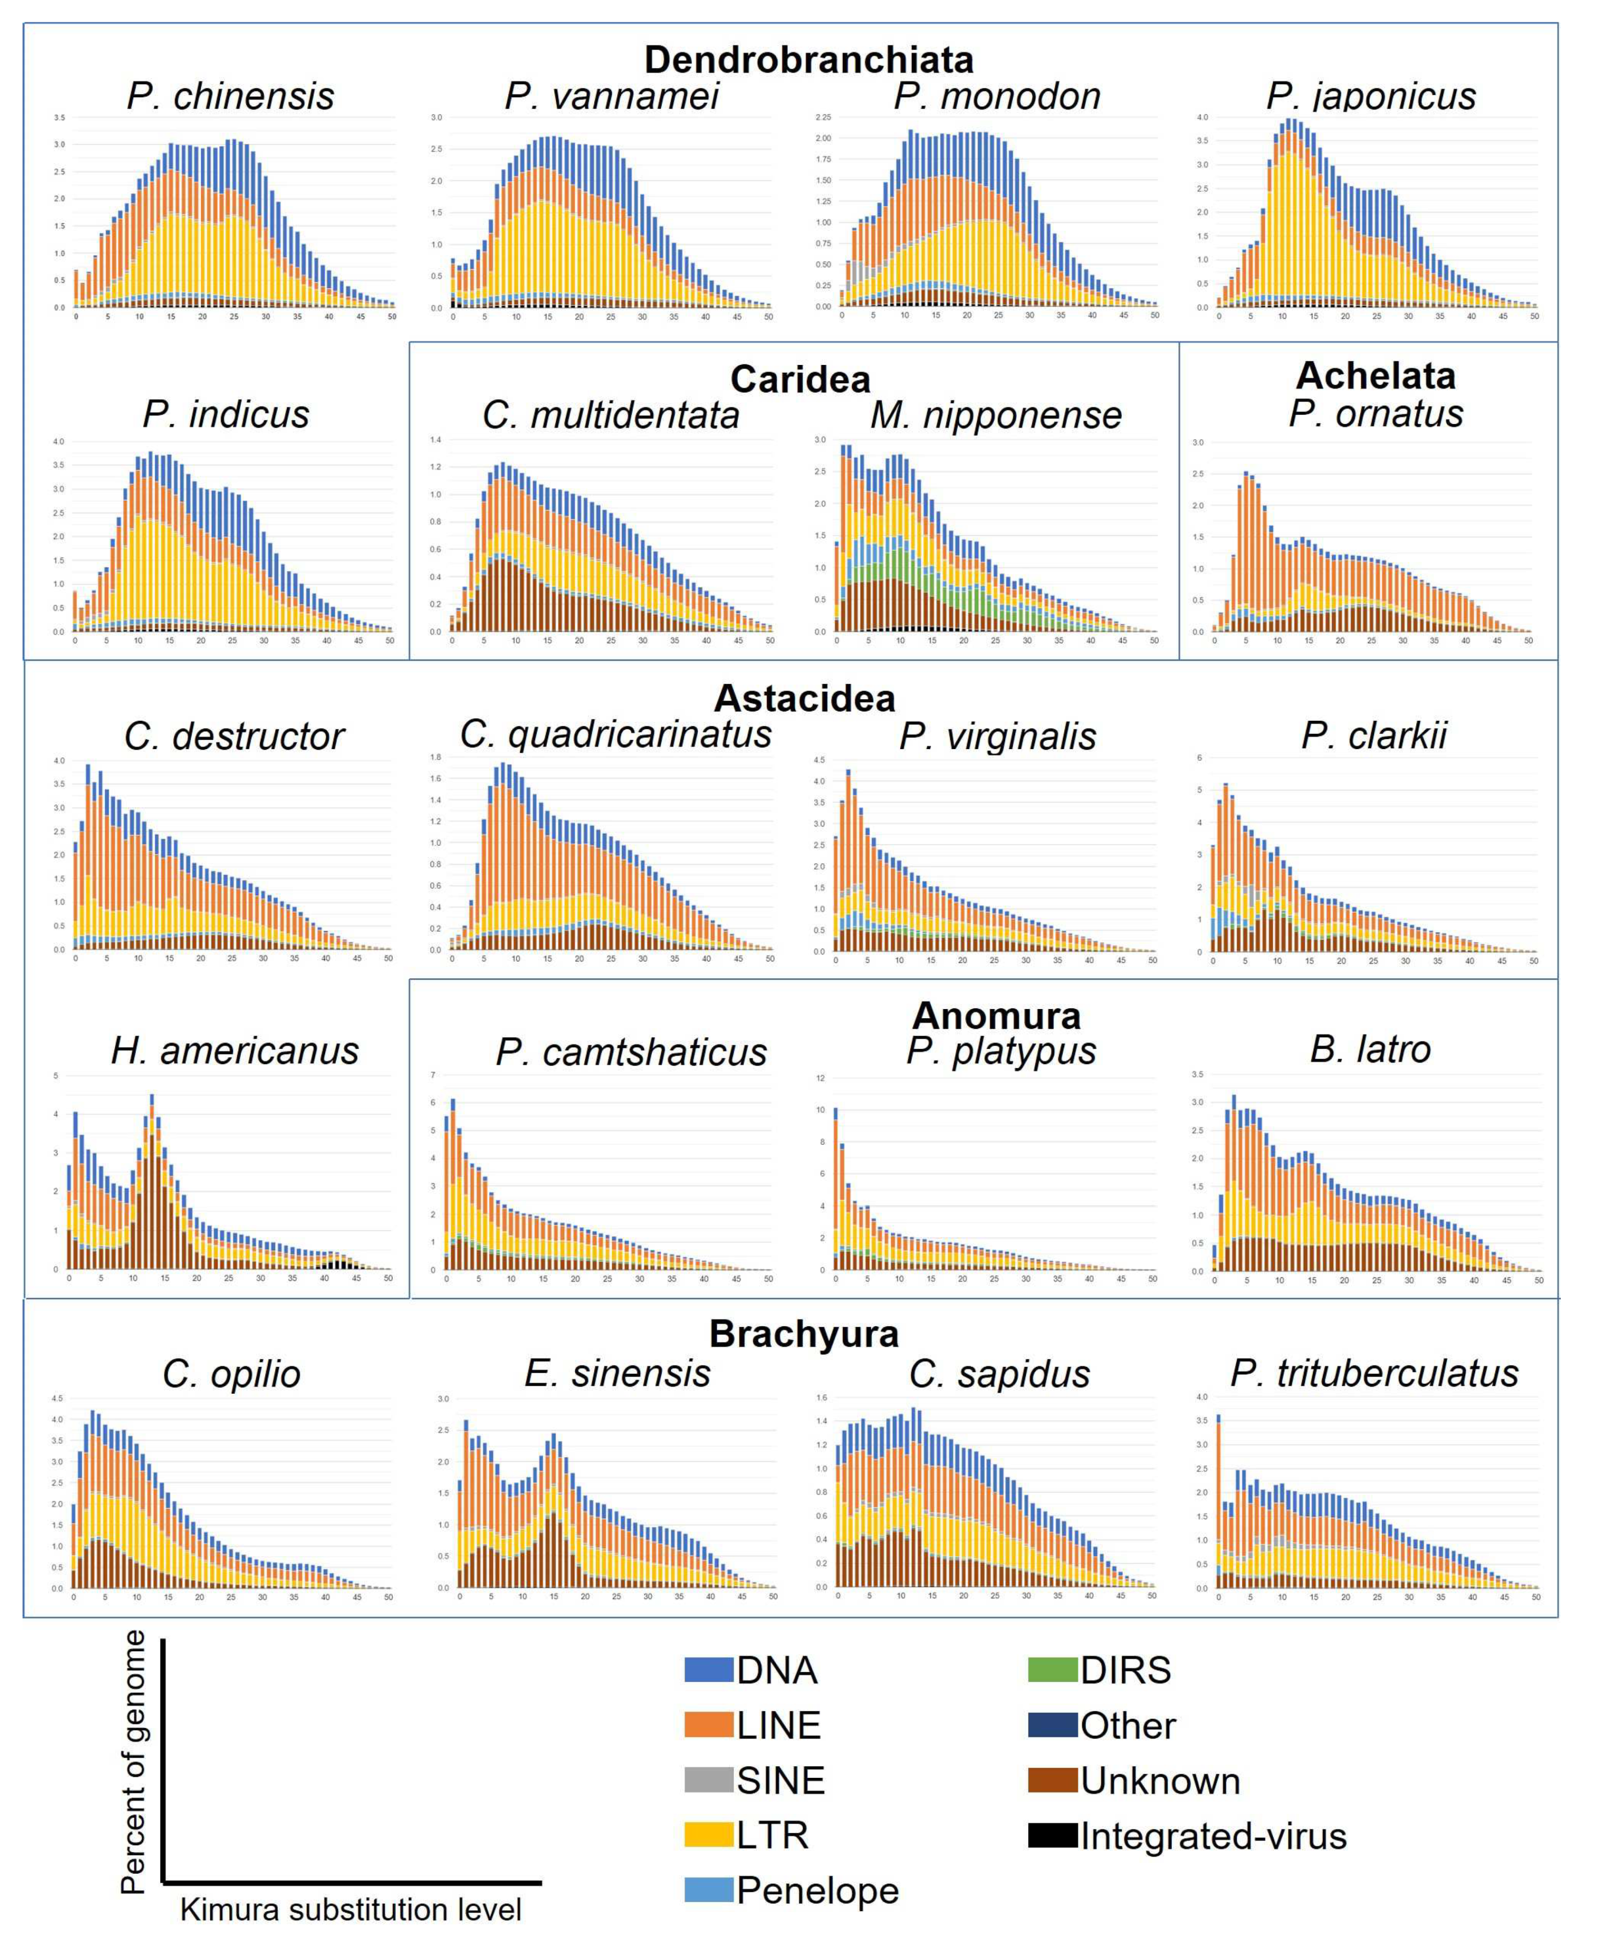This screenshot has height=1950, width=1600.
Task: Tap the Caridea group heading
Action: click(799, 379)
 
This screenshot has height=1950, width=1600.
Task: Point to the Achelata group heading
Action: click(1375, 375)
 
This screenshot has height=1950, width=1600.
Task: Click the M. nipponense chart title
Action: click(995, 415)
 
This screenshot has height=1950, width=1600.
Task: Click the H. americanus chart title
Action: click(234, 1050)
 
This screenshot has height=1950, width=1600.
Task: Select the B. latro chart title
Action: click(1370, 1049)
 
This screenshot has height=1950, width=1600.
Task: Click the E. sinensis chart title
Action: click(617, 1373)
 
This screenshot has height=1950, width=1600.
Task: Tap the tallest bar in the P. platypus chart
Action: click(835, 1189)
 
